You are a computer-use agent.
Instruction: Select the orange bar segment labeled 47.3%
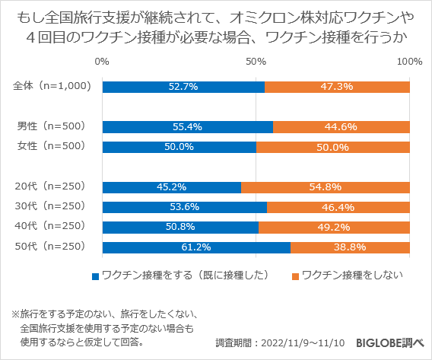click(x=337, y=87)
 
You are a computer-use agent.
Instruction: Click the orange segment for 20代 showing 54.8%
click(x=326, y=186)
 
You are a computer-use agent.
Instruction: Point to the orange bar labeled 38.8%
click(x=350, y=247)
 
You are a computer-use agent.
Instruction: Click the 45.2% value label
click(x=171, y=186)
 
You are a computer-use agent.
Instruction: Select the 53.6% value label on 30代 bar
click(x=184, y=207)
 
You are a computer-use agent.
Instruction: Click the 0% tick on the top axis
click(x=102, y=61)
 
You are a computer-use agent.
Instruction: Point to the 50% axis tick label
click(x=256, y=61)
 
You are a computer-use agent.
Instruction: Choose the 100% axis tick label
click(x=409, y=61)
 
